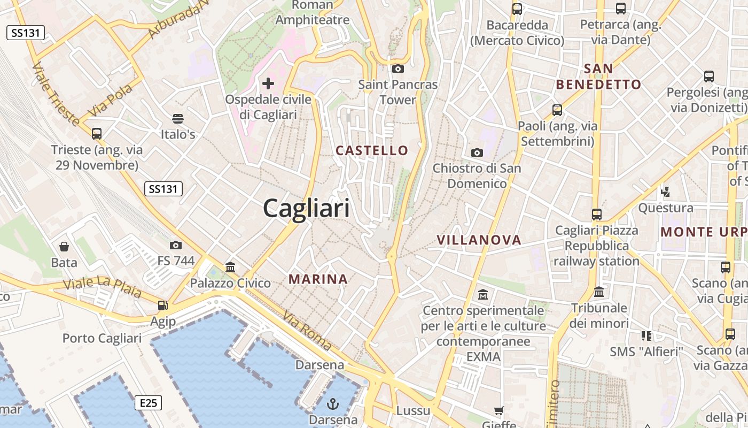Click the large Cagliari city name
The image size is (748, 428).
pos(306,208)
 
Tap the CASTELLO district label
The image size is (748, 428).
pos(372,150)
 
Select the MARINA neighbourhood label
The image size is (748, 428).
pos(318,279)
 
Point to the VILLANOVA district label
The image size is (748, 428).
pos(479,240)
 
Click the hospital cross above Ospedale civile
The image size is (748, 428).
pos(268,83)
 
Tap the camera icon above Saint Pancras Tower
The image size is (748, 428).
pos(398,68)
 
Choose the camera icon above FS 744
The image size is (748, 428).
pos(175,245)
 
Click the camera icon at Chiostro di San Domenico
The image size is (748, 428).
pos(477,152)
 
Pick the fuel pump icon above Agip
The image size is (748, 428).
pos(162,305)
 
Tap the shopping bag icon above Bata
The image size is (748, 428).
pos(64,246)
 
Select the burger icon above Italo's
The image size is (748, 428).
pos(178,118)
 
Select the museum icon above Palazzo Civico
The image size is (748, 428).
pos(230,266)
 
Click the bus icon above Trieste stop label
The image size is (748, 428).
pos(97,133)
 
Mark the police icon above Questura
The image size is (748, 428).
pos(666,192)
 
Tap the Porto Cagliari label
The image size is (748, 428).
pos(102,338)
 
